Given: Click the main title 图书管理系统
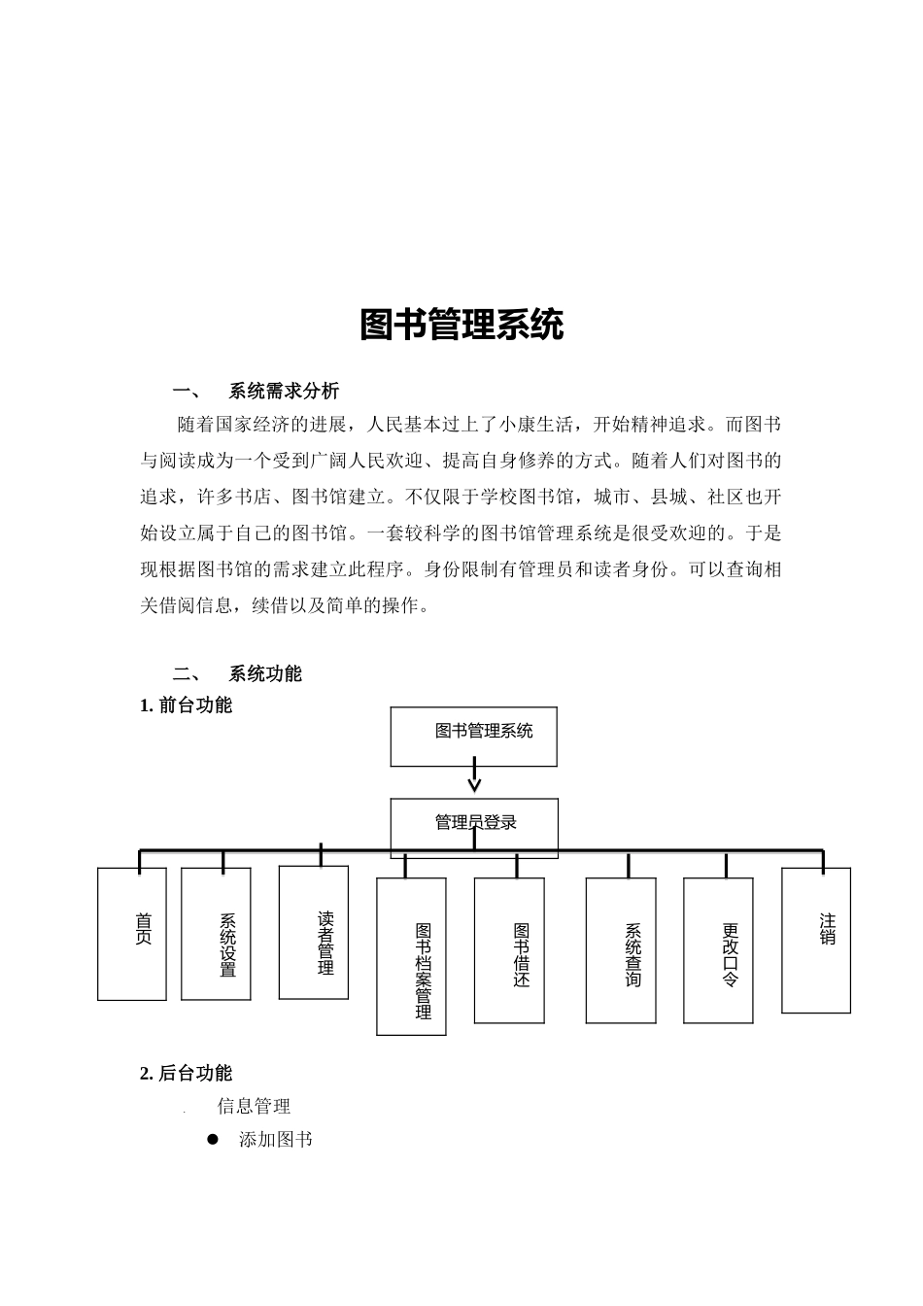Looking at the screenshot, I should (x=461, y=326).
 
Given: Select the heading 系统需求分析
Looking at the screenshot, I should (x=284, y=392).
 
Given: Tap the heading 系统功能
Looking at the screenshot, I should (x=265, y=674).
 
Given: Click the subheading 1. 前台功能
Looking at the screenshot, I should (x=187, y=705).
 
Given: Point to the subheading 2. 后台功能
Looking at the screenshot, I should (x=187, y=1074).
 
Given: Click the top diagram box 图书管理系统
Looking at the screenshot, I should (x=474, y=736).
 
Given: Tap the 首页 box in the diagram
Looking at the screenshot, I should (x=132, y=933).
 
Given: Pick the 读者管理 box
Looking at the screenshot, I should (x=314, y=934).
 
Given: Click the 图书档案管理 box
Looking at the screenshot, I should (x=411, y=957).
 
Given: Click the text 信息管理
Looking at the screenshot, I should (x=254, y=1107).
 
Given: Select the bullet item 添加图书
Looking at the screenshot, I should (x=276, y=1140).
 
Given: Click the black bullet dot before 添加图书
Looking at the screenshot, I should (x=214, y=1139).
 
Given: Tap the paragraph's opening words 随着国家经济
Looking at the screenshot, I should (x=223, y=425).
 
